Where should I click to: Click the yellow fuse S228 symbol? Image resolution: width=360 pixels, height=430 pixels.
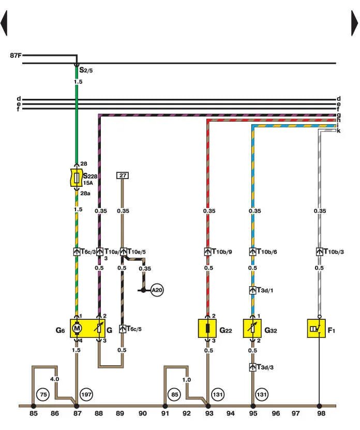coord(77,177)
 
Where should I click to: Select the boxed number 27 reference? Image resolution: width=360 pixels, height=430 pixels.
coord(123,175)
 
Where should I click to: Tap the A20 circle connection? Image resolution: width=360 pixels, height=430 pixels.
coord(157,290)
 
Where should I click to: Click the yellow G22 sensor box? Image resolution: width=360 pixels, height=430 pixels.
coord(207,328)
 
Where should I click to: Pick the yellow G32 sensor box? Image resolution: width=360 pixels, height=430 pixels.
coord(252,328)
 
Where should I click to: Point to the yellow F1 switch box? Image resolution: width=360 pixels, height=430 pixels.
coord(317,328)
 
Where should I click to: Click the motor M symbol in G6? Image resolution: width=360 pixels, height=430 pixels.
coord(77,328)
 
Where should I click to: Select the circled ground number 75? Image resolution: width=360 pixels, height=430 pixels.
coord(43,395)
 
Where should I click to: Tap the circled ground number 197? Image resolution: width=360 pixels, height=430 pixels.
coord(86,395)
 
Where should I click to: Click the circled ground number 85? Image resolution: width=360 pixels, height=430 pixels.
coord(175,395)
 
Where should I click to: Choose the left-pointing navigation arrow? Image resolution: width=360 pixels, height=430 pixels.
coord(4,23)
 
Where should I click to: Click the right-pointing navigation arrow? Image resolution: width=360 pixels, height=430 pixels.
coord(354,23)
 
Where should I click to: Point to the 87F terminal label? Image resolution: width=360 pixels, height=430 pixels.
coord(16,55)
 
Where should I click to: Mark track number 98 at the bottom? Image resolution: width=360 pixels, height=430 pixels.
coord(321,413)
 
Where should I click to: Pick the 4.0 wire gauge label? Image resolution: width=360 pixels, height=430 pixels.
coord(54,379)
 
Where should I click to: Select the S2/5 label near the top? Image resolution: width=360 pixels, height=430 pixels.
coord(86,70)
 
